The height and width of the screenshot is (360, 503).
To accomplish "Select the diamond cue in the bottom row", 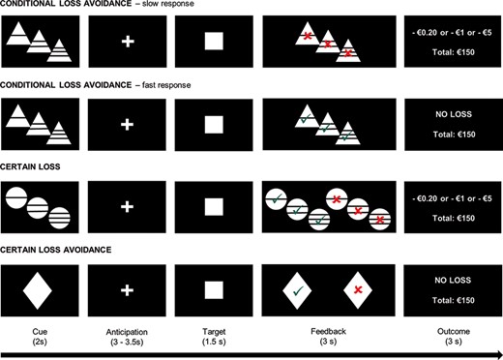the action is click(x=39, y=289).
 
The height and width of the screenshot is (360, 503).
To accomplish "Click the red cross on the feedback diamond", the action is click(x=357, y=289).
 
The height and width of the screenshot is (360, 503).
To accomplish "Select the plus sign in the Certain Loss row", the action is click(x=127, y=206).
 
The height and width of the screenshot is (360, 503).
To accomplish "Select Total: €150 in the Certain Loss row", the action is click(x=448, y=219).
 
